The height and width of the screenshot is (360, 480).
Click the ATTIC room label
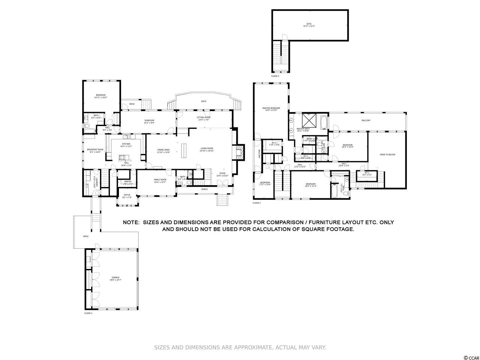[309, 24]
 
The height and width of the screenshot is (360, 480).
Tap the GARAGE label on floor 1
[115, 277]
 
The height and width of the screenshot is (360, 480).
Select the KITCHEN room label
[126, 144]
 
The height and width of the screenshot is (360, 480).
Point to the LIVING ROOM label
[207, 148]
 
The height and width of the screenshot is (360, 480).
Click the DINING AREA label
[163, 150]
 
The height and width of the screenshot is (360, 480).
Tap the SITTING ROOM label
[204, 117]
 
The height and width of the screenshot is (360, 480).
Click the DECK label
[204, 101]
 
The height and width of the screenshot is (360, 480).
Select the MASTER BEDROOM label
[271, 108]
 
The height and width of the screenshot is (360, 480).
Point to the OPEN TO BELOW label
[387, 154]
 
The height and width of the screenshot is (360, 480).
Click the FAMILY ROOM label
[160, 180]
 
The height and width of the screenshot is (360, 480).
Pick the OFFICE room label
[127, 195]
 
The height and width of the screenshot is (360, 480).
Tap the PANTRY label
[128, 182]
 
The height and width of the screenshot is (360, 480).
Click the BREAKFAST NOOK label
[95, 150]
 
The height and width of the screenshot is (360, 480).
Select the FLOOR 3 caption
[275, 76]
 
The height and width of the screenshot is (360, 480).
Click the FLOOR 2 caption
[256, 203]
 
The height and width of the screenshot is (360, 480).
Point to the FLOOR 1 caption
[88, 313]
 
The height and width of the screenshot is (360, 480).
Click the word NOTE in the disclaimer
[131, 222]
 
